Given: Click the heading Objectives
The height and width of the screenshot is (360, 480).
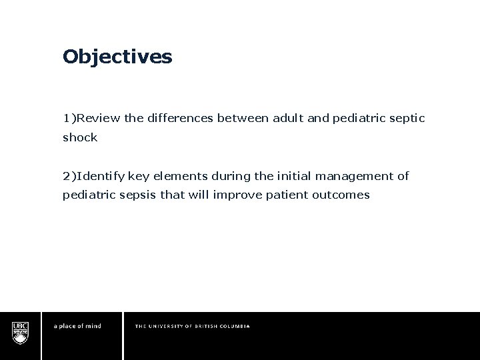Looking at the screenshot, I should (x=117, y=57).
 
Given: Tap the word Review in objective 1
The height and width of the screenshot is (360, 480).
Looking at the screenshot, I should (x=99, y=119).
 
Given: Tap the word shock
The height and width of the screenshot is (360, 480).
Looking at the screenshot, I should (x=80, y=138).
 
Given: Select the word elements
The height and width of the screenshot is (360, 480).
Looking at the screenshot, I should (x=184, y=176).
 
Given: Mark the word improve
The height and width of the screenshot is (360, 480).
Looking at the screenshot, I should (x=223, y=195).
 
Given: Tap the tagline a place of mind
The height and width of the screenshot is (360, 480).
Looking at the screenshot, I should (x=77, y=326).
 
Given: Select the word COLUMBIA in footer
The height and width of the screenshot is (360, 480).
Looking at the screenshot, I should (x=233, y=326).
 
